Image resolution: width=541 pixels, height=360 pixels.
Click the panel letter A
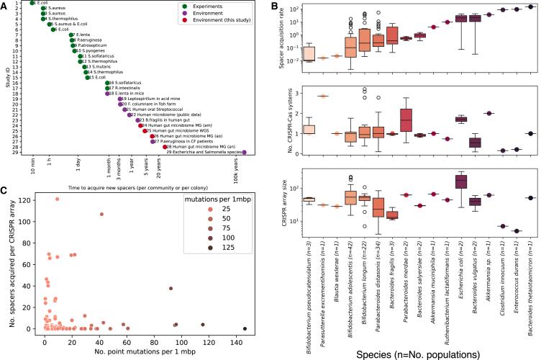tap(5, 5)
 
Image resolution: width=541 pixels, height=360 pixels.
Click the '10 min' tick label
tap(32, 169)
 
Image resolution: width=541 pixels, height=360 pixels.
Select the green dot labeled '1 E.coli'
tap(32, 3)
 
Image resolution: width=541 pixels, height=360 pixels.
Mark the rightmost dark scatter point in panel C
tap(245, 328)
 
